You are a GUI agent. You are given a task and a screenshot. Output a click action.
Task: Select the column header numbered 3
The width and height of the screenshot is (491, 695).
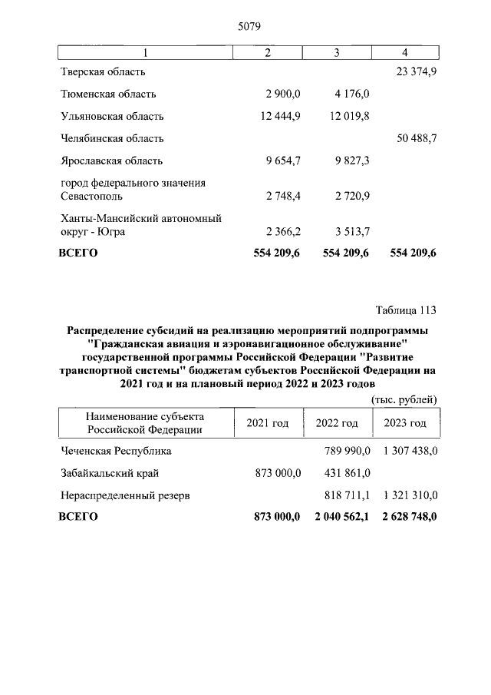[337, 52]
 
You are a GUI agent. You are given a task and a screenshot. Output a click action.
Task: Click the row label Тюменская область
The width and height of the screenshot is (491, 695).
[108, 94]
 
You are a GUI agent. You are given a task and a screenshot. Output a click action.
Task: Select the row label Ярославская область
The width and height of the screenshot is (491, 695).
[110, 161]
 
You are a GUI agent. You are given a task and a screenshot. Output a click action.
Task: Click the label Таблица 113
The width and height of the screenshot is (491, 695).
[405, 310]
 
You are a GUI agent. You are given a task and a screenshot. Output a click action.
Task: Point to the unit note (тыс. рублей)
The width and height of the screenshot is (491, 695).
[404, 399]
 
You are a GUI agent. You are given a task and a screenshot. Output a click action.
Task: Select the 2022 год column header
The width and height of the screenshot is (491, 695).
[337, 423]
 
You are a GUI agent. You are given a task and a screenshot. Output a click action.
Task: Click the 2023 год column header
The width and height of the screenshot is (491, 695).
[405, 423]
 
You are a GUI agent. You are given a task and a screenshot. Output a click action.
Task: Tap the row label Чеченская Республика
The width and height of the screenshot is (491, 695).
[116, 451]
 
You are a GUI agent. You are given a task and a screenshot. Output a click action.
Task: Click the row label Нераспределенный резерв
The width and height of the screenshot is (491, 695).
[125, 495]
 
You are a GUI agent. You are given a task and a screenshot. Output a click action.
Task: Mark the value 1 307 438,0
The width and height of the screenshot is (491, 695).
[407, 451]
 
